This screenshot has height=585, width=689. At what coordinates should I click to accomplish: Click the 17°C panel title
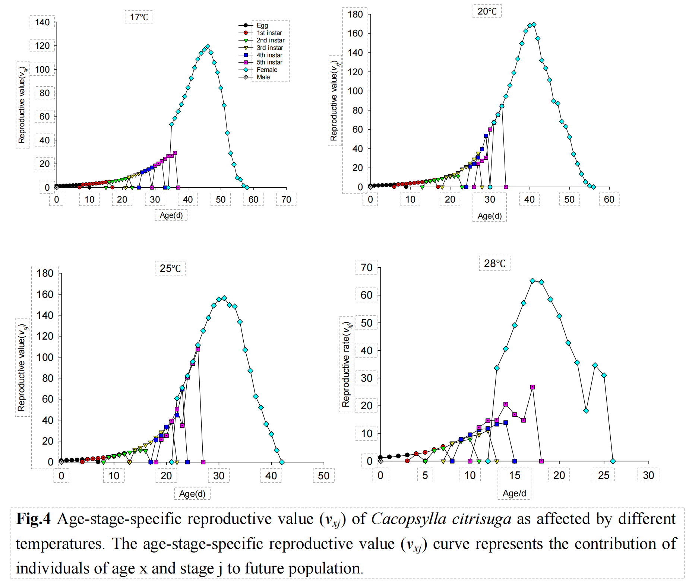pyautogui.click(x=139, y=17)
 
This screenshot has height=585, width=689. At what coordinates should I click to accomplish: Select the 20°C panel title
pyautogui.click(x=487, y=12)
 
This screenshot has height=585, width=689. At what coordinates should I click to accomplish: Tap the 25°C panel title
pyautogui.click(x=170, y=268)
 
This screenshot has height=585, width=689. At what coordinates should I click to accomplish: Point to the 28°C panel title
pyautogui.click(x=494, y=263)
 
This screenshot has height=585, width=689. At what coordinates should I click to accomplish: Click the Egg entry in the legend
pyautogui.click(x=262, y=25)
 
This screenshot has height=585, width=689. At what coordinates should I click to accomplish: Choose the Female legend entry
pyautogui.click(x=267, y=70)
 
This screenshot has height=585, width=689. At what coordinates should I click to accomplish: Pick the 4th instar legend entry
pyautogui.click(x=269, y=55)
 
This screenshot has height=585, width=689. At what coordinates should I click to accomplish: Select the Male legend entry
pyautogui.click(x=263, y=77)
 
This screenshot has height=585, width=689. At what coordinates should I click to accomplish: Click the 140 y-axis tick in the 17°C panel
pyautogui.click(x=42, y=22)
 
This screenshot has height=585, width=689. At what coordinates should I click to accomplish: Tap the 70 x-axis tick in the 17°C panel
pyautogui.click(x=286, y=199)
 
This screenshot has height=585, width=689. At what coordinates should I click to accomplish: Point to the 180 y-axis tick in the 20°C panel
pyautogui.click(x=355, y=14)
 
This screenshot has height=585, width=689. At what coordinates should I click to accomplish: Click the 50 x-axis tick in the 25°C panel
pyautogui.click(x=323, y=476)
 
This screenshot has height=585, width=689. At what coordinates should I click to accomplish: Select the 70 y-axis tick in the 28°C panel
pyautogui.click(x=367, y=267)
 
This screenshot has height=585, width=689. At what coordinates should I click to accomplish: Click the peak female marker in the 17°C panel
pyautogui.click(x=208, y=47)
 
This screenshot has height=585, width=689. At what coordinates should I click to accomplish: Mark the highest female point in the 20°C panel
pyautogui.click(x=534, y=25)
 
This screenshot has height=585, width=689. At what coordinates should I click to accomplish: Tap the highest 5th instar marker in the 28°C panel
pyautogui.click(x=532, y=387)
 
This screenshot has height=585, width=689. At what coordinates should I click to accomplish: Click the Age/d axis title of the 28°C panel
pyautogui.click(x=514, y=493)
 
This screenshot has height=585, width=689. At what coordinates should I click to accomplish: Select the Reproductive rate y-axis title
pyautogui.click(x=346, y=364)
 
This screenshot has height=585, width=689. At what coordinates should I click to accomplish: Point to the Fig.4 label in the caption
pyautogui.click(x=34, y=519)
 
